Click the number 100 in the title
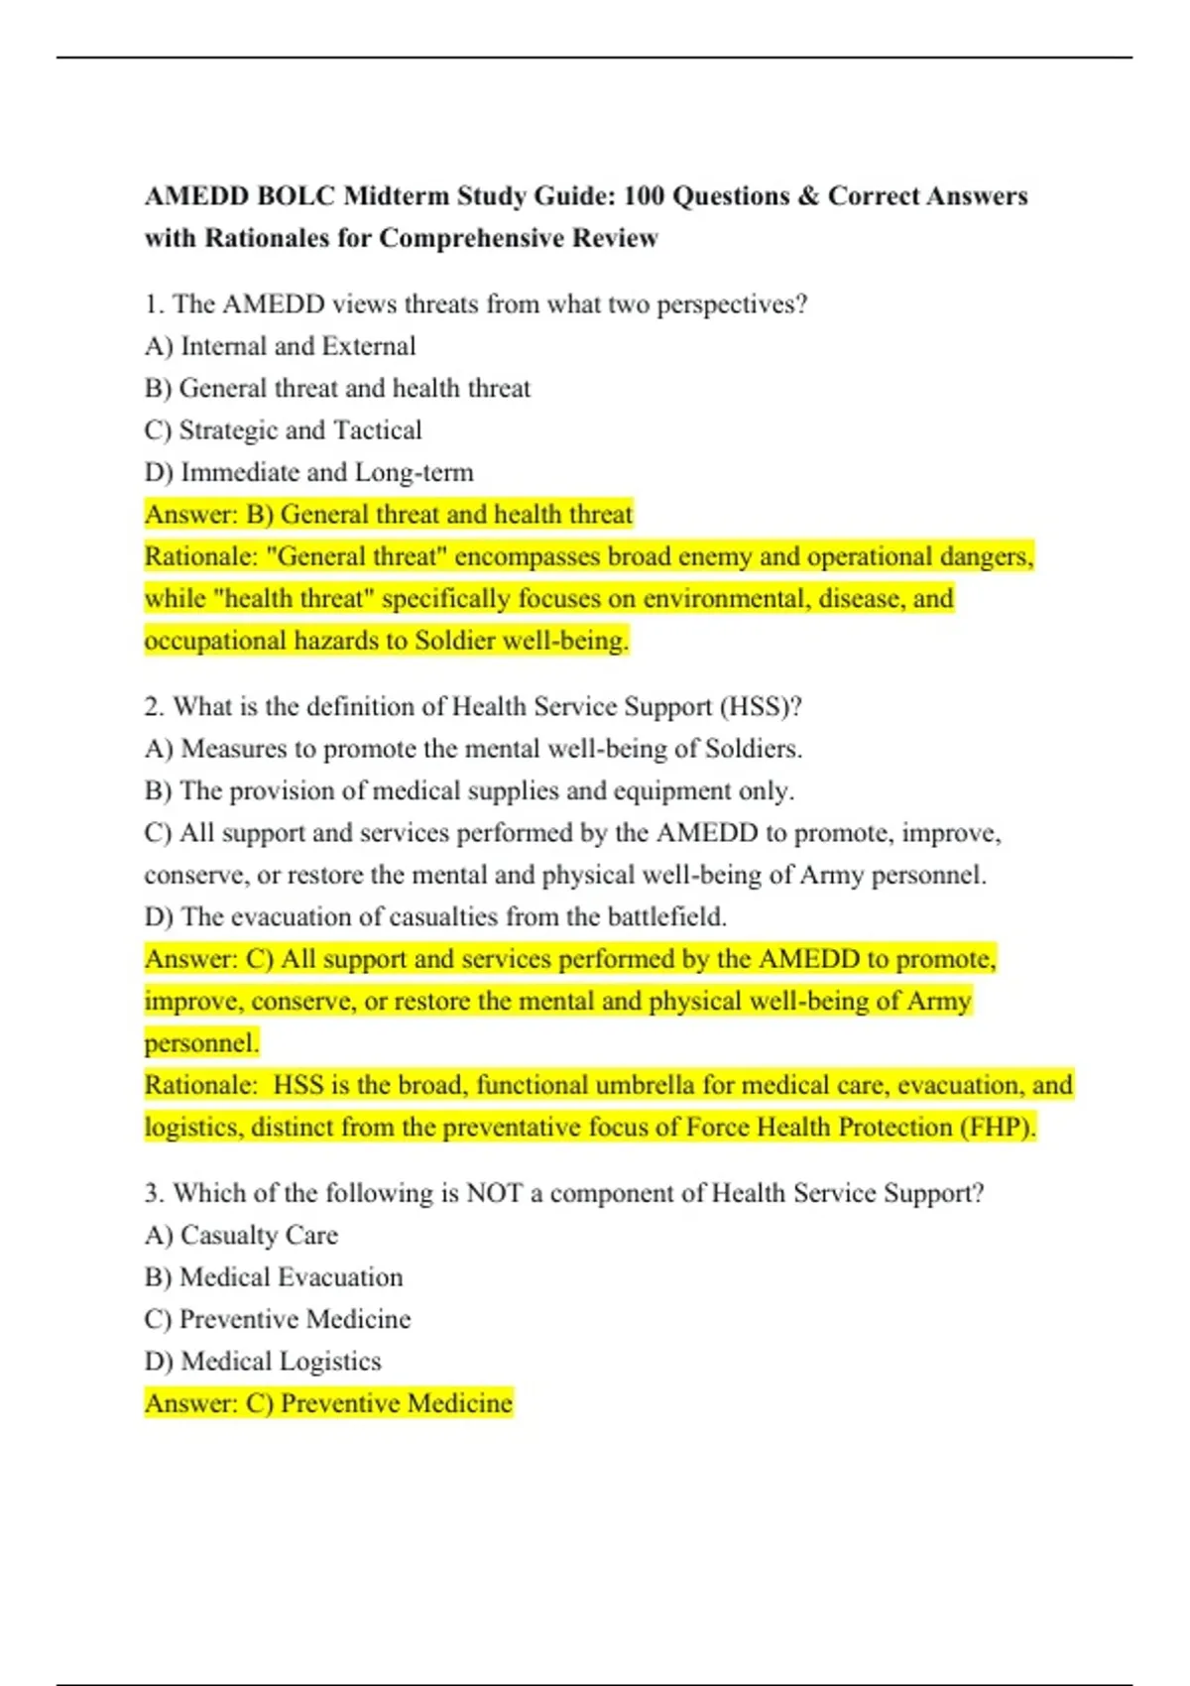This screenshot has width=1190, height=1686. click(x=644, y=196)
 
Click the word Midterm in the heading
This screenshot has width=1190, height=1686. click(x=396, y=196)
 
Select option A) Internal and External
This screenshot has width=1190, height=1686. click(x=281, y=346)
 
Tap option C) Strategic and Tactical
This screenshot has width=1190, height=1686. click(x=284, y=430)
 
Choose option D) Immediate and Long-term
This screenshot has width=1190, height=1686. click(x=309, y=472)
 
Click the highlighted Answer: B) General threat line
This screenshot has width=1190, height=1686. click(x=389, y=515)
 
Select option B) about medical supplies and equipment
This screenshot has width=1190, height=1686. click(x=469, y=791)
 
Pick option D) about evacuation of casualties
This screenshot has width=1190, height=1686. click(x=435, y=917)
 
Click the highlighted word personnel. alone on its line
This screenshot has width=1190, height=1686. click(x=201, y=1043)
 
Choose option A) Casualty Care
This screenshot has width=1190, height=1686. click(x=241, y=1236)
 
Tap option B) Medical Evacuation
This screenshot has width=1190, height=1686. click(x=274, y=1277)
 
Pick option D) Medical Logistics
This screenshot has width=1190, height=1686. click(x=263, y=1362)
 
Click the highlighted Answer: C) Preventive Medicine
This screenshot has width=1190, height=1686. click(x=329, y=1403)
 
